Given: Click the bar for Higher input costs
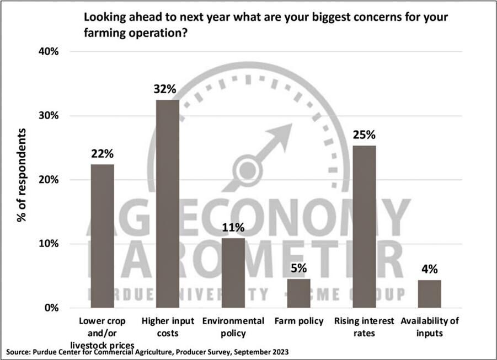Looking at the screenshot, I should point(167,204).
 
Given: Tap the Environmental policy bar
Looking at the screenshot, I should point(233,273).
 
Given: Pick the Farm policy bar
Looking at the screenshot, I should point(298,293).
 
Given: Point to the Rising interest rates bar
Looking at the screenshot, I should point(364,227).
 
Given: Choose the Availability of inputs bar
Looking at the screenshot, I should point(429,294).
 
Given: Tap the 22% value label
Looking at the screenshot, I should point(102,154).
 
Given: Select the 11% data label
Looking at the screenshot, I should point(233,227).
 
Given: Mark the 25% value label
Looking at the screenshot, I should point(364,135).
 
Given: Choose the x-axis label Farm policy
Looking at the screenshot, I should point(298,321).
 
